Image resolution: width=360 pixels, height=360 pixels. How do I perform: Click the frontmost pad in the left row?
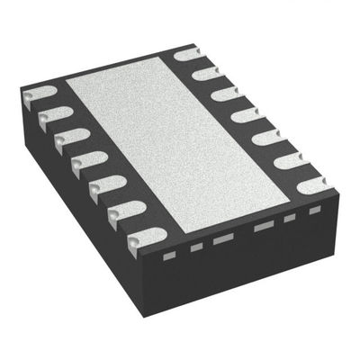tap(144, 237)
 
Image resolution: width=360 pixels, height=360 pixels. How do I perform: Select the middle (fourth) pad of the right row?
tap(247, 114)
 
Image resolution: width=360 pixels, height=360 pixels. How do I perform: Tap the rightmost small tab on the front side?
tap(314, 210)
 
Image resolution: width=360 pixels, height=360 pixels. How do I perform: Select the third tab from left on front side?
tap(222, 238)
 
